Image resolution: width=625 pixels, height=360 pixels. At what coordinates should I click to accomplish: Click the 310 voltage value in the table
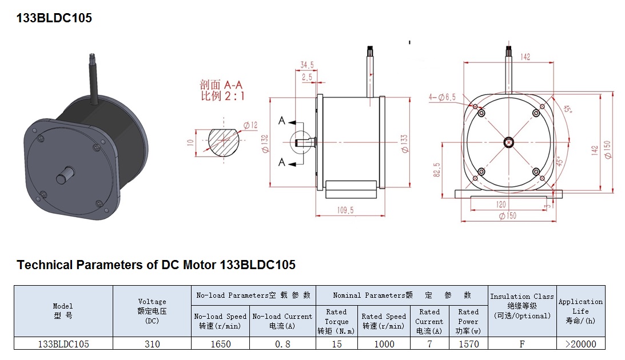[152, 344]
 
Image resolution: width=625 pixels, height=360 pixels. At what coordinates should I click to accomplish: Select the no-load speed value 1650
[220, 344]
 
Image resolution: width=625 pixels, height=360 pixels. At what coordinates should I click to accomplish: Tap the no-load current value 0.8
[282, 344]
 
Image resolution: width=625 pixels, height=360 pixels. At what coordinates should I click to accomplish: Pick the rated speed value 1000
[384, 344]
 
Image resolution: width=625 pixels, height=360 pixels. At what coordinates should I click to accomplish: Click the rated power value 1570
[468, 344]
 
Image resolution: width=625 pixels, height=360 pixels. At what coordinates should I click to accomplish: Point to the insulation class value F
[522, 344]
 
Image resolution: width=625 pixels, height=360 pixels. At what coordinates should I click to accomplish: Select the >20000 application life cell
[580, 344]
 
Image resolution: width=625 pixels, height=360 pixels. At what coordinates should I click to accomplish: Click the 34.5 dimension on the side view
[308, 65]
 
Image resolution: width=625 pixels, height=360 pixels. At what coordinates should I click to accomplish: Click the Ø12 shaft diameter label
[250, 125]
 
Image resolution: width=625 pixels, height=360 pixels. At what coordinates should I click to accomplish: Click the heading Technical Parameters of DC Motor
[156, 265]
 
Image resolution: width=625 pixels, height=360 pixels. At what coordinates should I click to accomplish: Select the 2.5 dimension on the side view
[307, 77]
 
